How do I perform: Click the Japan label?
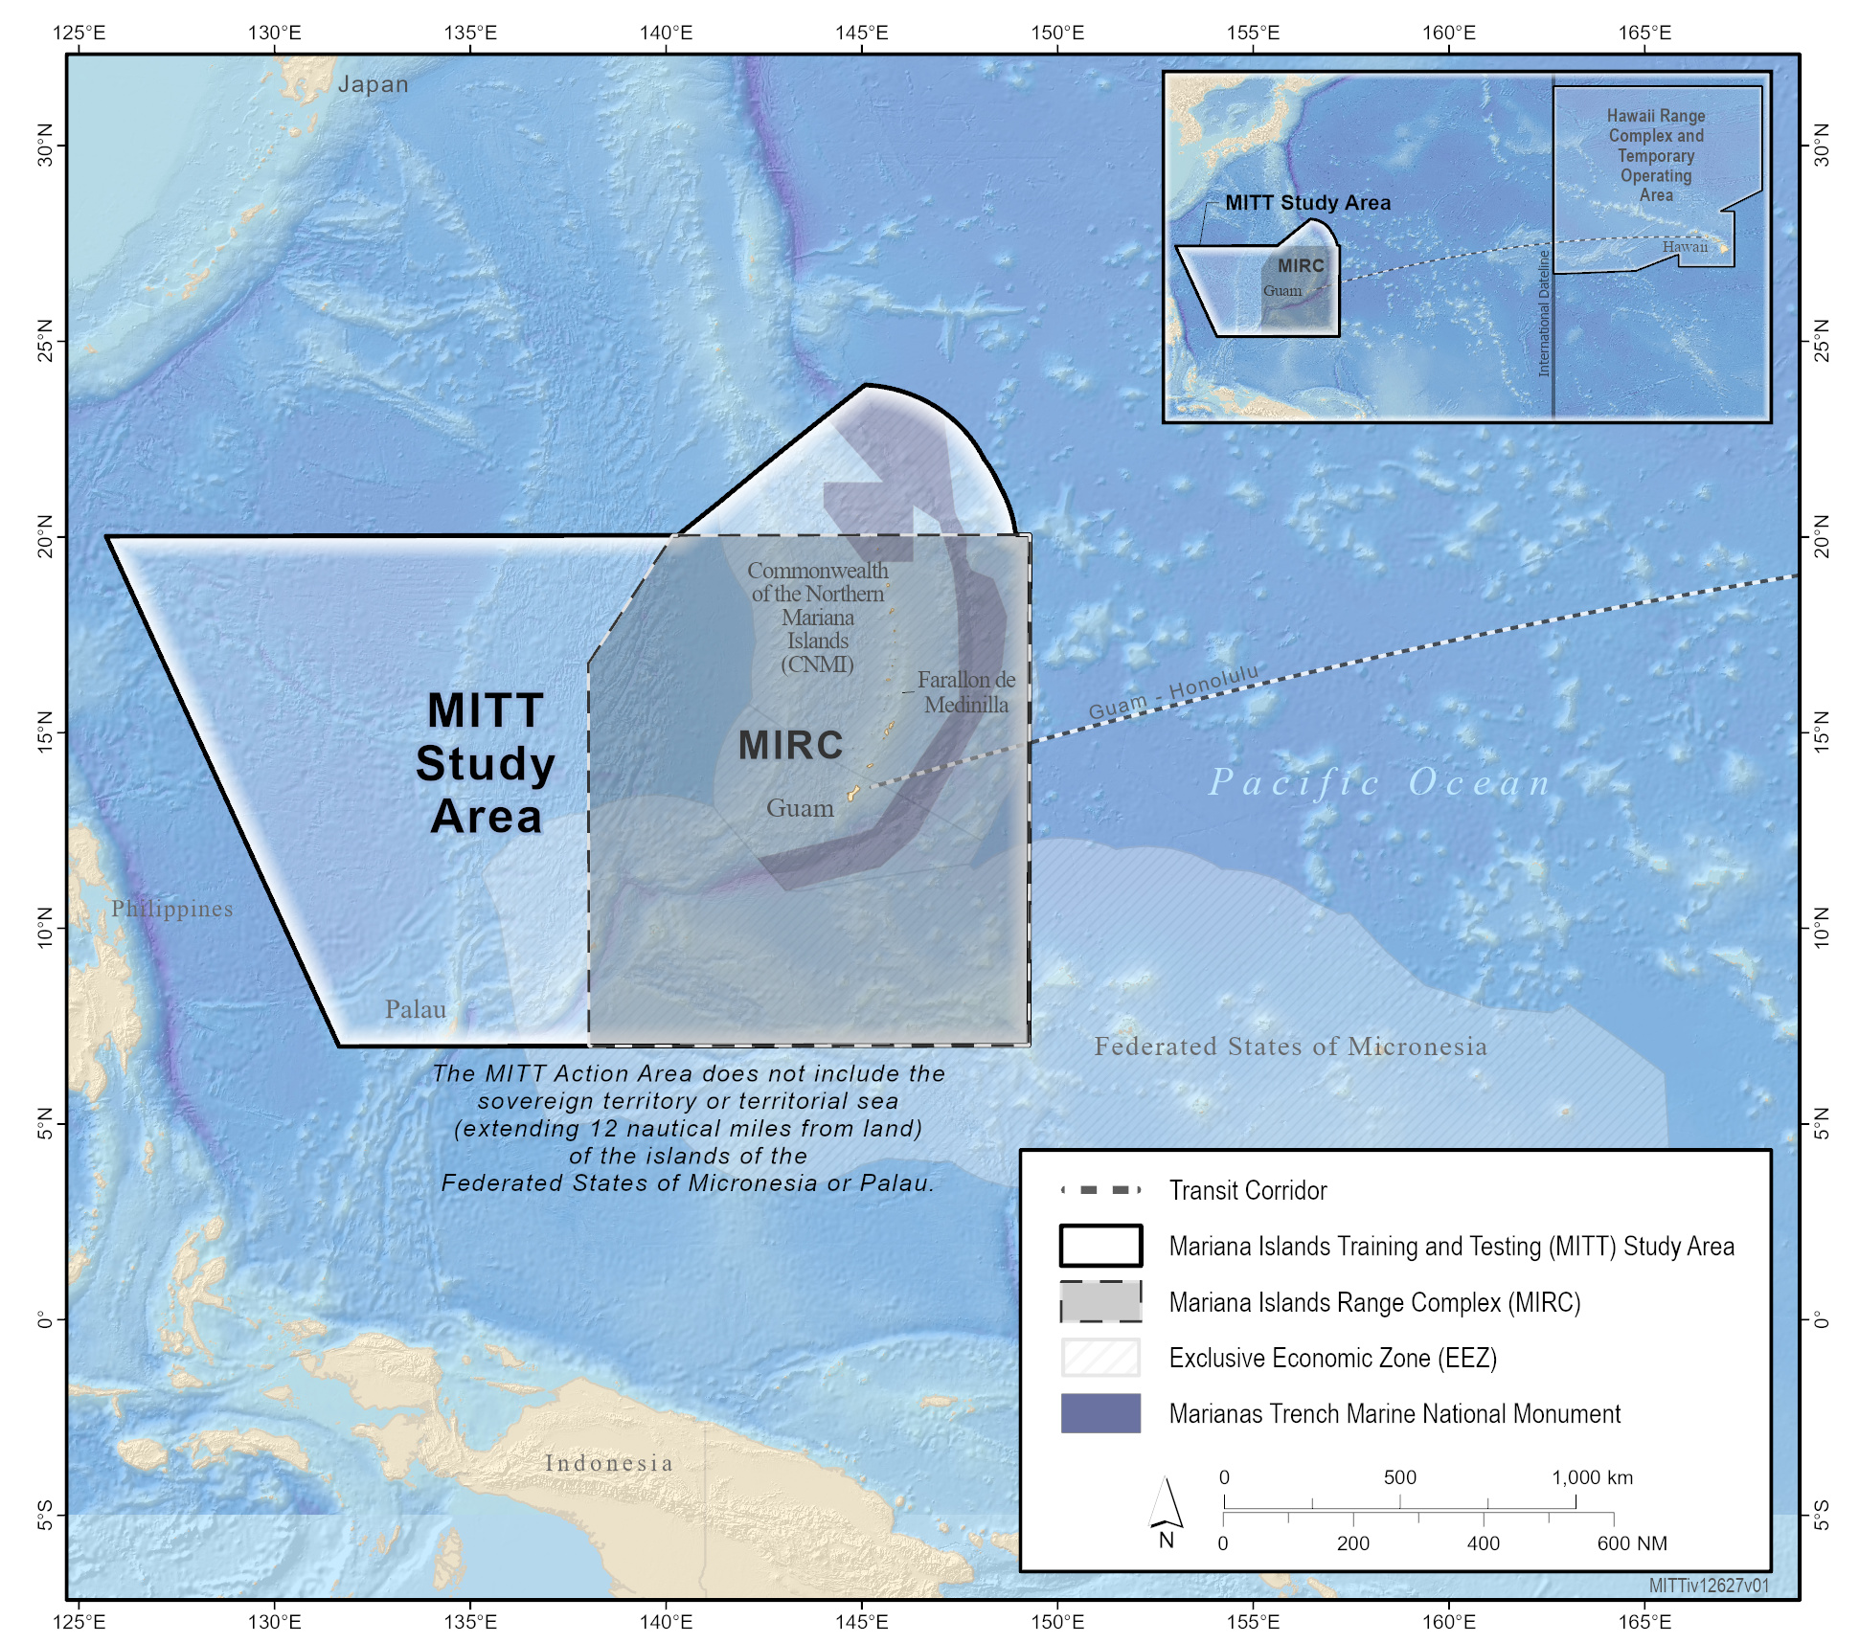click(373, 84)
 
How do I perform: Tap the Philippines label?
click(171, 909)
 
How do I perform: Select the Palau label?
click(415, 1009)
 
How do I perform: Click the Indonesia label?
click(609, 1463)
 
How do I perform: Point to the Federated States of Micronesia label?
click(1290, 1047)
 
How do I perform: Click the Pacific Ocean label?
click(1379, 782)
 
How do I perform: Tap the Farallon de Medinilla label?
click(965, 692)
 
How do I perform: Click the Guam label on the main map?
click(800, 808)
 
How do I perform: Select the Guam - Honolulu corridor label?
click(1173, 692)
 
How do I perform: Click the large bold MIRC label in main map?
click(791, 745)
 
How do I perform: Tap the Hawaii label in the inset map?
click(1685, 247)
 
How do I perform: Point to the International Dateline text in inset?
click(1543, 313)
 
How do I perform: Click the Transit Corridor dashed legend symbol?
click(1100, 1190)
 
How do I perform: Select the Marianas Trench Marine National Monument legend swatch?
click(1100, 1413)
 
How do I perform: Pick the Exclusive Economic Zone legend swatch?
click(1100, 1358)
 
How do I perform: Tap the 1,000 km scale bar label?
click(1592, 1477)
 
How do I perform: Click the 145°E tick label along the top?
click(861, 33)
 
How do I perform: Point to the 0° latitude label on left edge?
click(45, 1319)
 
